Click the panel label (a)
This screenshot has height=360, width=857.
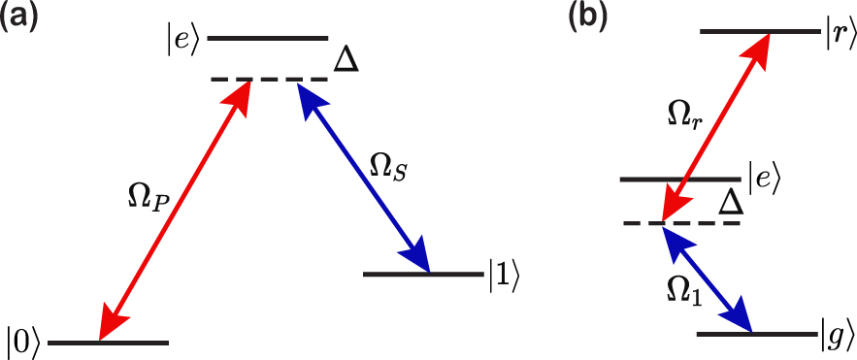(21, 18)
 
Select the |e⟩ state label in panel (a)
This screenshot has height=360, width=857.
(182, 40)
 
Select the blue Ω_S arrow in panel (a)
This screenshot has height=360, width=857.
(364, 176)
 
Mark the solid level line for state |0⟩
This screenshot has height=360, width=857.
(108, 343)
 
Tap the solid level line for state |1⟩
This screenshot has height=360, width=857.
(422, 275)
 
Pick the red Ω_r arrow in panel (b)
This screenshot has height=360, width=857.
(714, 127)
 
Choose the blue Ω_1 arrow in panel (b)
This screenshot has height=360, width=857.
(708, 278)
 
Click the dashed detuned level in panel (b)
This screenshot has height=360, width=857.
(681, 224)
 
